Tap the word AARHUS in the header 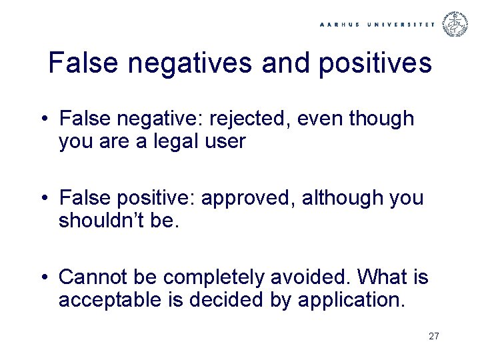click(x=341, y=25)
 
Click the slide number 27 click(x=434, y=336)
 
